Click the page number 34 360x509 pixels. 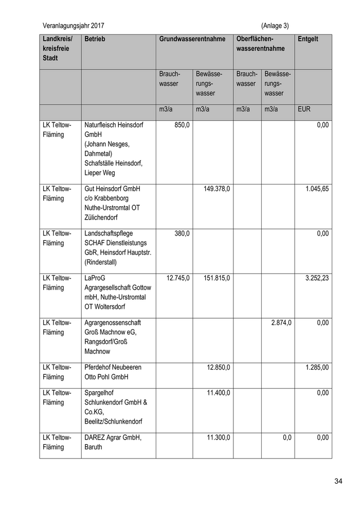(x=338, y=481)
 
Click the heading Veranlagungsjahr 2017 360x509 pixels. (x=77, y=25)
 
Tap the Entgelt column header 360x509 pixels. (x=308, y=39)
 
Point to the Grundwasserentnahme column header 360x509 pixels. (x=192, y=39)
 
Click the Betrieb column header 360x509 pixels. (x=95, y=39)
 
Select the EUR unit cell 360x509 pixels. (x=304, y=110)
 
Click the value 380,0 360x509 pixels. (x=182, y=233)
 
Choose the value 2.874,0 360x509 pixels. (x=281, y=323)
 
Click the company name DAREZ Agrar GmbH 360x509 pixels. (x=113, y=438)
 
